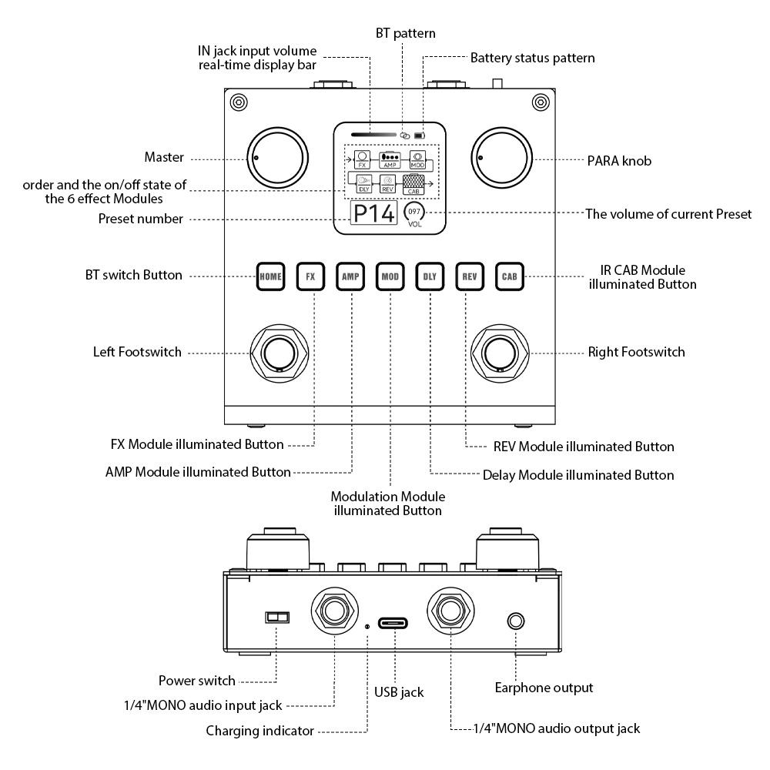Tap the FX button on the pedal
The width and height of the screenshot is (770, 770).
click(x=310, y=276)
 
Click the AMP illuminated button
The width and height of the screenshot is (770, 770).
click(x=350, y=276)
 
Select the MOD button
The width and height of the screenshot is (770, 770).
click(x=390, y=276)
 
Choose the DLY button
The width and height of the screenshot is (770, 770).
click(x=430, y=276)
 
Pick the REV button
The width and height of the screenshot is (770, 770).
click(x=470, y=276)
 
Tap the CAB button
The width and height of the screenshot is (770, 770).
click(x=509, y=276)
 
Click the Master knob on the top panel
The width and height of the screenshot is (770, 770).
click(x=276, y=158)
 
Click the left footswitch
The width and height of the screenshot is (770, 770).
click(x=278, y=353)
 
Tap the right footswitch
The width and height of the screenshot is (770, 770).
click(x=500, y=353)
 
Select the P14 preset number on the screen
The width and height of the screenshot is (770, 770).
click(x=373, y=214)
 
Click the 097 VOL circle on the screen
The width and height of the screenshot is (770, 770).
click(x=415, y=213)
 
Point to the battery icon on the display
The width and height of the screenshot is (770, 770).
click(x=420, y=136)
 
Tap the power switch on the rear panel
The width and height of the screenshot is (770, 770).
click(x=276, y=617)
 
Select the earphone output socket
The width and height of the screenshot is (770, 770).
click(x=515, y=621)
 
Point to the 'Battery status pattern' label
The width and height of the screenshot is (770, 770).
click(x=532, y=58)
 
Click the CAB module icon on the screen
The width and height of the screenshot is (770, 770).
click(x=413, y=182)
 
